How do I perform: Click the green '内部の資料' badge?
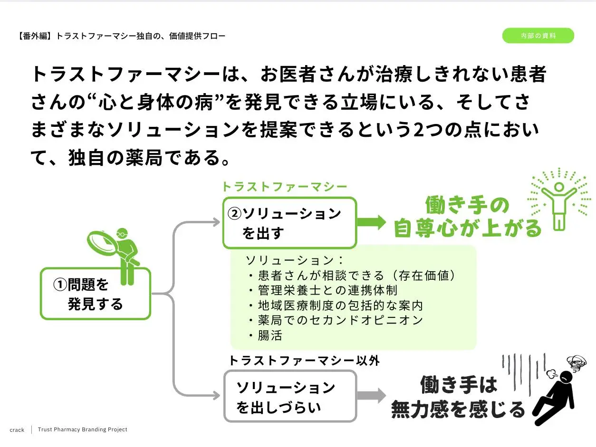(538, 36)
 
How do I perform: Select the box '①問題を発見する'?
(95, 294)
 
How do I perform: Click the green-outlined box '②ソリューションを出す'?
(289, 223)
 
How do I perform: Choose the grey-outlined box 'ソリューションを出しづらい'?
(290, 396)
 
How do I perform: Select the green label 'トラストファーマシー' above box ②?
(285, 187)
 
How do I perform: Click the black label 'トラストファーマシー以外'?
(304, 361)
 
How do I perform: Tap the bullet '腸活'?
(266, 335)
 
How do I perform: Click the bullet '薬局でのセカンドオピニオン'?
(336, 320)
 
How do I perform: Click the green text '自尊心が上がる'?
(468, 228)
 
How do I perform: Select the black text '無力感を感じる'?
(458, 409)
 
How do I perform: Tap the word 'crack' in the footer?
(17, 430)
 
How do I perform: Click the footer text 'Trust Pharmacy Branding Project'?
(83, 429)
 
